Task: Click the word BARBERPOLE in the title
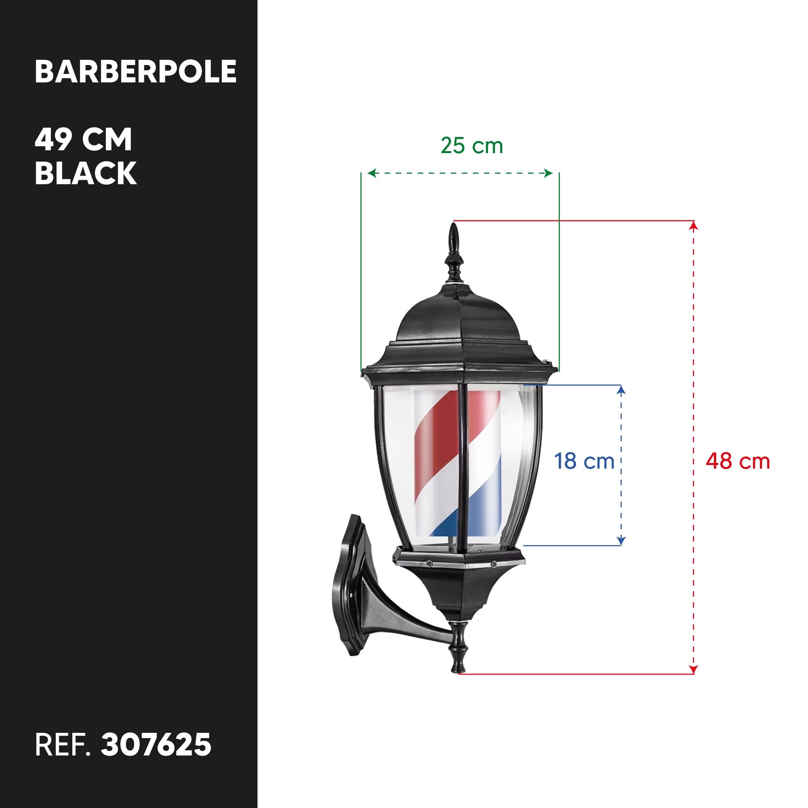point(135,72)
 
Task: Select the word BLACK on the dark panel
point(86,173)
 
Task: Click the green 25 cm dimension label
point(472,145)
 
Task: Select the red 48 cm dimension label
point(738,461)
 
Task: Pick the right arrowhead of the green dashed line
point(548,173)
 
